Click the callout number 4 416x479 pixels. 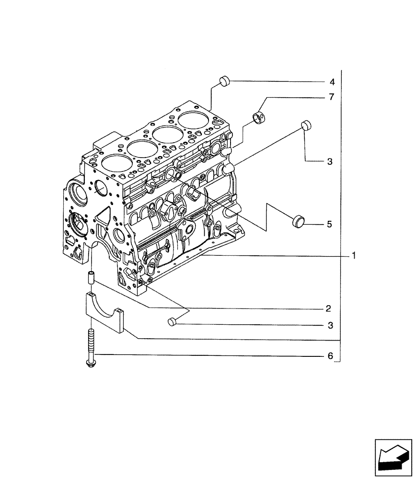pos(332,81)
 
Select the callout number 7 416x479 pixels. pos(332,97)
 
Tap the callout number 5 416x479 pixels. pos(329,224)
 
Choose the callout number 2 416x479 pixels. pos(329,307)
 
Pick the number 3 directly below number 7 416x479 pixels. pos(329,162)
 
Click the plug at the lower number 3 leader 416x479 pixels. pos(173,322)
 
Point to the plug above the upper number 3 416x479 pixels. pos(306,125)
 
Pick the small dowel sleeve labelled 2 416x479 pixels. pos(91,277)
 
